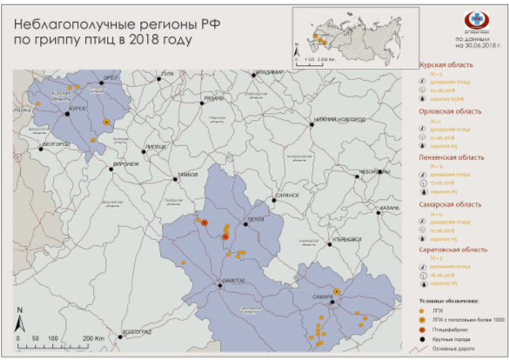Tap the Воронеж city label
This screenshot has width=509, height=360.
click(x=126, y=163)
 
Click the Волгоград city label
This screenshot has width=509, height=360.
click(x=137, y=331)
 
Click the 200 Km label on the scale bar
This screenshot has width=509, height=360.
click(x=93, y=337)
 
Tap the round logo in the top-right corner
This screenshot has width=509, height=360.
click(x=475, y=21)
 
